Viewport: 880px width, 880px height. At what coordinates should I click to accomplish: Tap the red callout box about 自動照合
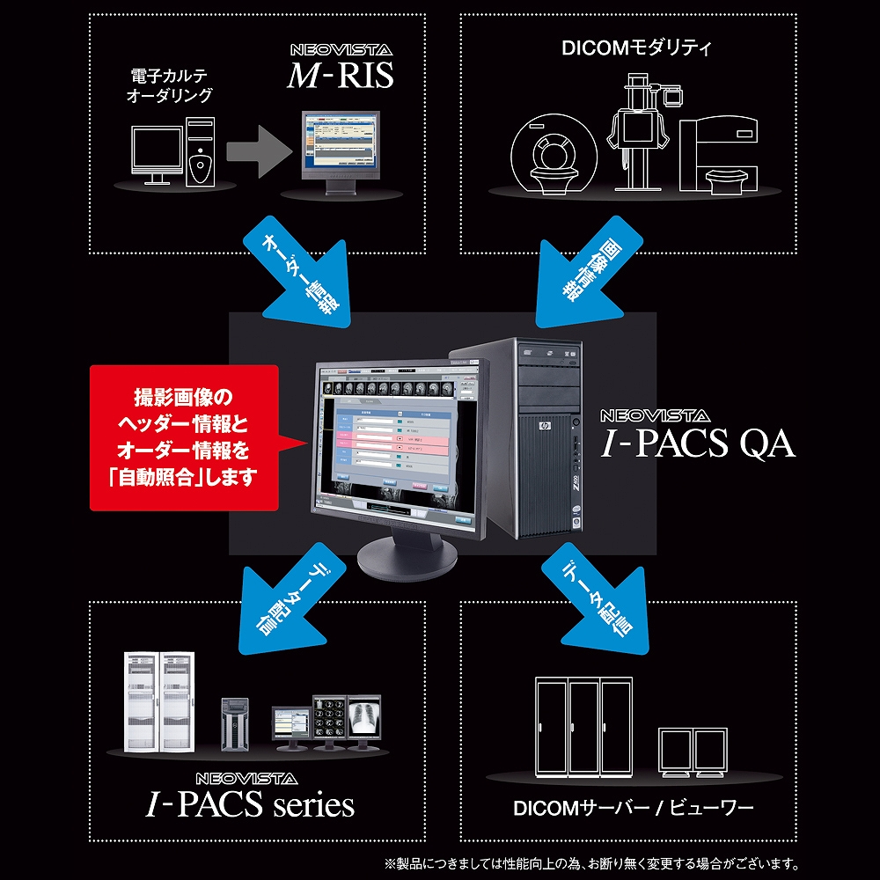[x=183, y=437]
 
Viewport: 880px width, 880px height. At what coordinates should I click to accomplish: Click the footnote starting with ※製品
[x=590, y=862]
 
